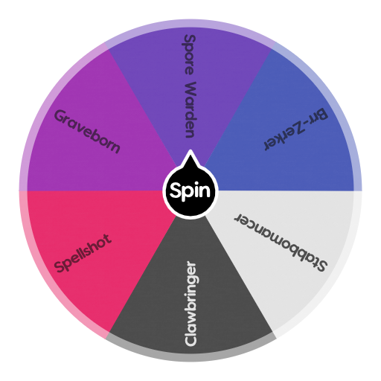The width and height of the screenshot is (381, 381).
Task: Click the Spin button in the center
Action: point(190,192)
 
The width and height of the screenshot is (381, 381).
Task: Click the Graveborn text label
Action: point(87,132)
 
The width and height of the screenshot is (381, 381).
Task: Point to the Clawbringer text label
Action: point(191,303)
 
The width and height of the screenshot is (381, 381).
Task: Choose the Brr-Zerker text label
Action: point(295,129)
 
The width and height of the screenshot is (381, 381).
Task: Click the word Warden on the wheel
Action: point(190,109)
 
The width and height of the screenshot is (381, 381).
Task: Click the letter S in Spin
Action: point(176,191)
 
